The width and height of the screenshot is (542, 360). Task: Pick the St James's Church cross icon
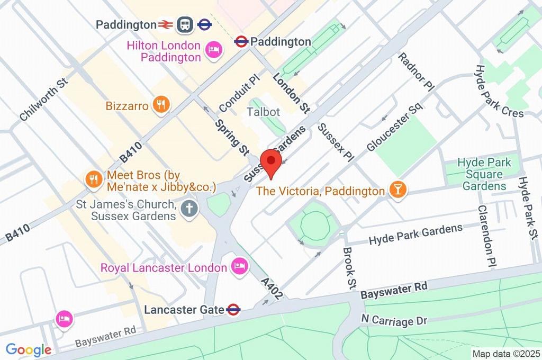(x=188, y=209)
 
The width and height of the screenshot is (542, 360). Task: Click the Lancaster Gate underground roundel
(x=233, y=310)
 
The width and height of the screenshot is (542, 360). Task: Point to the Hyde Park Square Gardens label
(x=484, y=174)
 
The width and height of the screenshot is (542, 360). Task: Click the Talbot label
(x=263, y=112)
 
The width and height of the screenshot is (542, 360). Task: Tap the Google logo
(x=28, y=349)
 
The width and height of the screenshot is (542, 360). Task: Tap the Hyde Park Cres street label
(x=498, y=91)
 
